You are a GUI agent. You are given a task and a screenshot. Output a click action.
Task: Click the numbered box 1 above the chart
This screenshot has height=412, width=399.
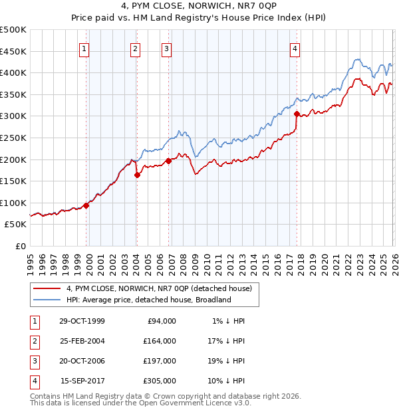[x=85, y=48]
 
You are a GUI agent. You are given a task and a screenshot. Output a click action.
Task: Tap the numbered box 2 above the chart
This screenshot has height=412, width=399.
[x=135, y=48]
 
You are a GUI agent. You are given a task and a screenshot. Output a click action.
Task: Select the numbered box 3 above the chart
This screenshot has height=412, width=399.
[x=166, y=48]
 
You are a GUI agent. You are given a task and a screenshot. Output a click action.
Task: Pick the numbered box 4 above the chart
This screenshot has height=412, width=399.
[x=295, y=48]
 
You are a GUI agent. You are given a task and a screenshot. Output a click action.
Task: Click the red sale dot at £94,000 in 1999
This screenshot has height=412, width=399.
[x=86, y=205]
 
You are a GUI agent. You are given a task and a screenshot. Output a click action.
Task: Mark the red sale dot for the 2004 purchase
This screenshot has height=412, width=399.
[x=137, y=175]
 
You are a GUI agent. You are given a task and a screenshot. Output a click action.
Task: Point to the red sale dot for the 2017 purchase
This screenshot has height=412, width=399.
[x=297, y=114]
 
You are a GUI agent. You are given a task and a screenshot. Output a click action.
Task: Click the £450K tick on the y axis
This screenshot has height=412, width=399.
[x=13, y=51]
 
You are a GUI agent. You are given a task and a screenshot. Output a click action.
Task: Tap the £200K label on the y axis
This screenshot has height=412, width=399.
[x=13, y=159]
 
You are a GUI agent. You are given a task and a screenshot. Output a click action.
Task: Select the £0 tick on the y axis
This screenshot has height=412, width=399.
[x=20, y=246]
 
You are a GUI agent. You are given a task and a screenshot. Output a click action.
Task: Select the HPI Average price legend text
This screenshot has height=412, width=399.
[x=148, y=300]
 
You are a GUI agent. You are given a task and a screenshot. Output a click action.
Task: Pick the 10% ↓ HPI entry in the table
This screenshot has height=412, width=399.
[x=227, y=381]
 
